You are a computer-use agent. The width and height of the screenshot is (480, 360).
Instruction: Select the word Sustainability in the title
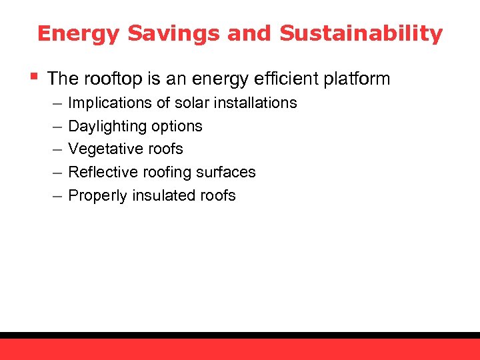click(x=361, y=33)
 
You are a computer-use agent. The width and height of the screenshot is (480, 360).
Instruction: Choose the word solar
click(x=194, y=103)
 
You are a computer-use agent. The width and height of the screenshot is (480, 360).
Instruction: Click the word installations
click(x=257, y=103)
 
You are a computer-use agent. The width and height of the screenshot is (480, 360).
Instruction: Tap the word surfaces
click(x=229, y=172)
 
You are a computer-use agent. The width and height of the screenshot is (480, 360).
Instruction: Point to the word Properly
click(x=96, y=195)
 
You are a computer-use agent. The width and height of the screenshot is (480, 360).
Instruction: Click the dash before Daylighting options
click(x=54, y=126)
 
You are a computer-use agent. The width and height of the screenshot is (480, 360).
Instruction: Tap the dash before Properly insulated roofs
click(x=54, y=195)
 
